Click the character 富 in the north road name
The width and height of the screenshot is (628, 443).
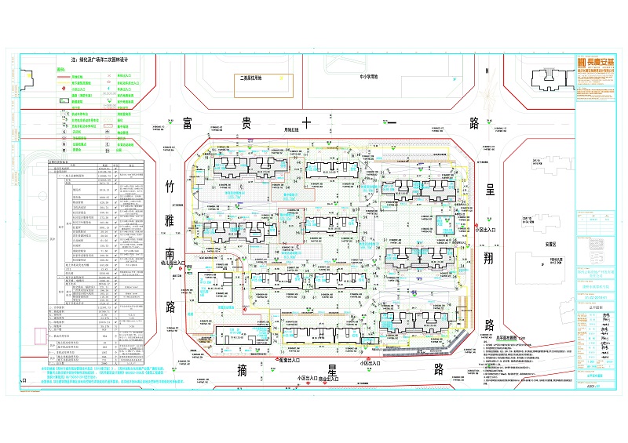point(187,123)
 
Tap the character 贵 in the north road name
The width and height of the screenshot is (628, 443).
point(236,123)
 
